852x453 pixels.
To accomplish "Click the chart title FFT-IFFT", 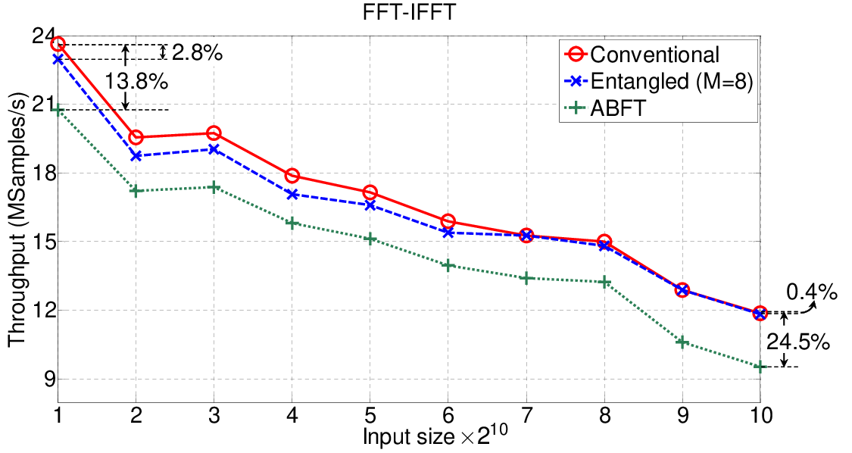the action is tap(408, 12).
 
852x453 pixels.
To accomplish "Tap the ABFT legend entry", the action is tap(605, 108).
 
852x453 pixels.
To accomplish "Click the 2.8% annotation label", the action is tap(197, 53).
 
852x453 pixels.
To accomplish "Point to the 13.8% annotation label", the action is tap(136, 82).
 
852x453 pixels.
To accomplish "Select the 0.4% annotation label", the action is tap(812, 292).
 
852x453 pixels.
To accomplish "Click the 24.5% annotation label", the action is tap(798, 342).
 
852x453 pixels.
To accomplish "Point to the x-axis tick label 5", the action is tap(370, 416).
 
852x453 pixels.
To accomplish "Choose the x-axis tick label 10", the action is tap(760, 416).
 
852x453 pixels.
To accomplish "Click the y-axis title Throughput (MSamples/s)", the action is tap(17, 219).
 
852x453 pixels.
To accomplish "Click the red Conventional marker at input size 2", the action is tap(136, 138).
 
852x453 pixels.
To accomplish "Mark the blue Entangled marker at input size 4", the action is tap(292, 194).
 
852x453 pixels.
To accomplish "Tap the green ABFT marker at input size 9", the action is tap(682, 342).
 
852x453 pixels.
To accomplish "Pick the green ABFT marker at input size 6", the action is tap(448, 265).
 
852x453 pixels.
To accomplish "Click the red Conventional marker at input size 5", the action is tap(370, 192).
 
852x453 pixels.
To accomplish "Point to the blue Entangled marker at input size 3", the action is tap(214, 149).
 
